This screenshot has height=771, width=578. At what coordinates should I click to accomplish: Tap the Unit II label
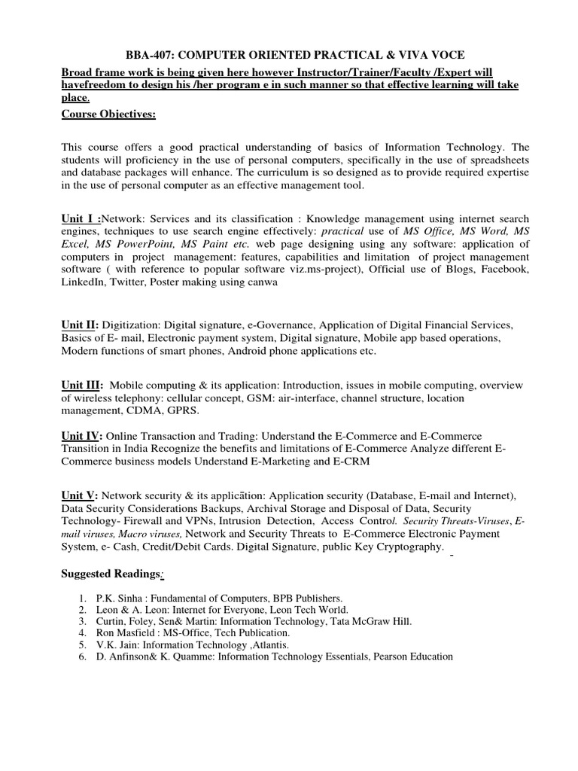click(80, 324)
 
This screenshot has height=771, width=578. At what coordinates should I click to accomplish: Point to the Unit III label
click(81, 384)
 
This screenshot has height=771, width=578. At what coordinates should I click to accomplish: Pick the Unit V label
click(79, 495)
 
